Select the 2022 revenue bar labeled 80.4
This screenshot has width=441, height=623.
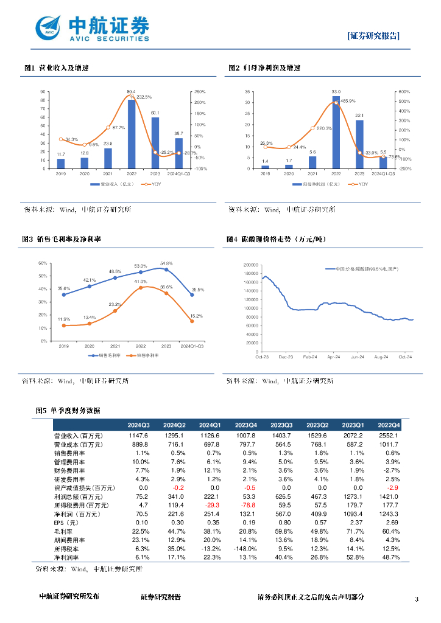[131, 134]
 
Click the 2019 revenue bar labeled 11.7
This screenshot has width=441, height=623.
[61, 164]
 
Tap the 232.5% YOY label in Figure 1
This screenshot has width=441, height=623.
[144, 97]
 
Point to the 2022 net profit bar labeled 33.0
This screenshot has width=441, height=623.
[336, 132]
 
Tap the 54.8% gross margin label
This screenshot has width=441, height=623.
[166, 263]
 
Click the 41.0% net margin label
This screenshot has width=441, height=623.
[141, 282]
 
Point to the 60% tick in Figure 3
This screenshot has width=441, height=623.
[43, 263]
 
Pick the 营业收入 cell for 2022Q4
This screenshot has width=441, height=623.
[387, 436]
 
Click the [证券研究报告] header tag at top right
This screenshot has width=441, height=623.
[373, 36]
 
